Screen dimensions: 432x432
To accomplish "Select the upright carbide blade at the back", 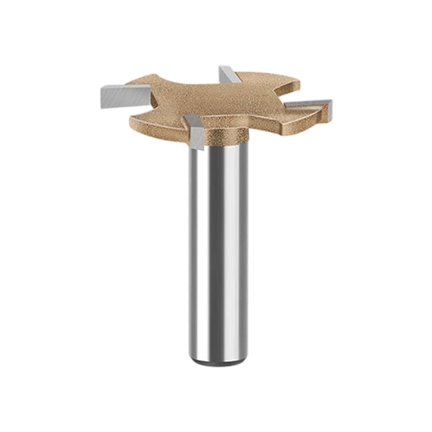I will tap(226, 74).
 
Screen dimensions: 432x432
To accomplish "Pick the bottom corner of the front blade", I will tap(196, 146).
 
